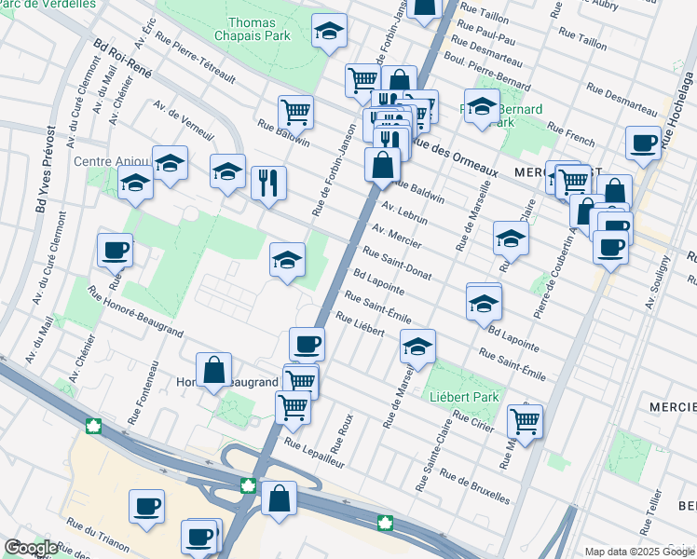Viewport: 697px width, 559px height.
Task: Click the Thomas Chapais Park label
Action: coord(259,29)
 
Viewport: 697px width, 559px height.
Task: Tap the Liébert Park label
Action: coord(458,395)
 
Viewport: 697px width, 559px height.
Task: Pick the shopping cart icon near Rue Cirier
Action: coord(525,420)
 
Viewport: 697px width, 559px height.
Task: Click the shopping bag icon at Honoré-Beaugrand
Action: coord(213,369)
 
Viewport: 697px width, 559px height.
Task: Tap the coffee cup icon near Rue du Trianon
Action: coord(146,506)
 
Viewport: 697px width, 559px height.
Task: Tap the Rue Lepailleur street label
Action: coord(315,453)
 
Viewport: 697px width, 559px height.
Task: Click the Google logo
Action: coord(31,548)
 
